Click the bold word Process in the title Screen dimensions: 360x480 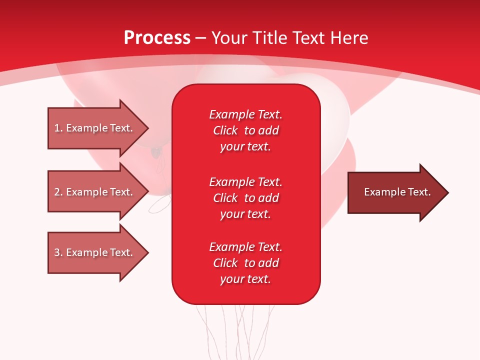(x=157, y=38)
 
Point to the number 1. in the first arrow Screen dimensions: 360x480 (x=58, y=128)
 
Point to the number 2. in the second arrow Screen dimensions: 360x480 (x=58, y=192)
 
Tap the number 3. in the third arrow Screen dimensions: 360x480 (x=58, y=252)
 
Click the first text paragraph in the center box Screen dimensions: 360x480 (x=245, y=130)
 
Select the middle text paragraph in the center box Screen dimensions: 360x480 (x=245, y=198)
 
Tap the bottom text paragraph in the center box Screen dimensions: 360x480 (x=245, y=263)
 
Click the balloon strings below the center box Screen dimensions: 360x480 (x=235, y=330)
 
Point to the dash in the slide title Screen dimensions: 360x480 (x=201, y=38)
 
